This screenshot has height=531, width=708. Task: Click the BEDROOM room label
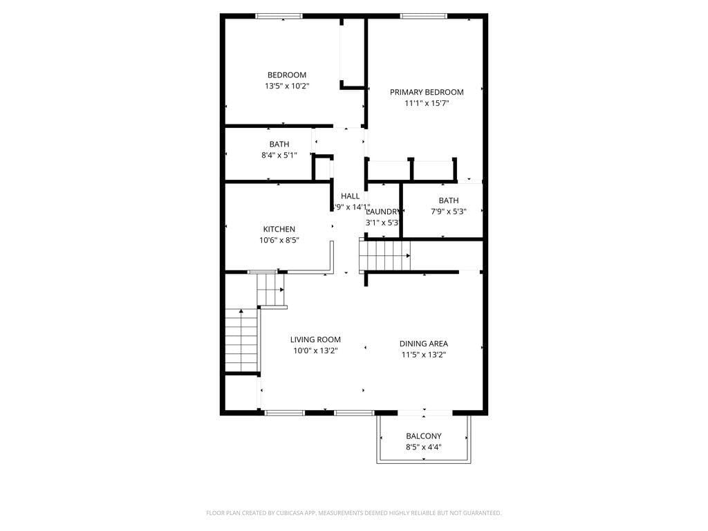click(x=287, y=75)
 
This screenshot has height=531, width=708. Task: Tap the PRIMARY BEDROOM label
click(x=427, y=92)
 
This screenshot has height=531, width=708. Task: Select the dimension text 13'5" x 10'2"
click(x=287, y=86)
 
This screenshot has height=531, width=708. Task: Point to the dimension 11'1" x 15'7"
click(x=427, y=103)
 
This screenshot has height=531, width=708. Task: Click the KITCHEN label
click(x=279, y=229)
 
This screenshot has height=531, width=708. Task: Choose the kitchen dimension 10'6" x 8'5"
click(x=279, y=241)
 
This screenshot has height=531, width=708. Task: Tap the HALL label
click(x=350, y=196)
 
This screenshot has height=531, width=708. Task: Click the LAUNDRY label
click(x=382, y=212)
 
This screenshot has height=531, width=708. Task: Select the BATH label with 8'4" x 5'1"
click(x=279, y=144)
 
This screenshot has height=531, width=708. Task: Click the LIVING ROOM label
click(x=315, y=339)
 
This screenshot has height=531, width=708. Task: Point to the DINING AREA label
click(x=424, y=344)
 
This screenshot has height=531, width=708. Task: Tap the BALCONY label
click(x=424, y=436)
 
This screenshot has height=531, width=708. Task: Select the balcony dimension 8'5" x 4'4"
click(x=424, y=447)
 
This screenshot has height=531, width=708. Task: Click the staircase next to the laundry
click(x=385, y=255)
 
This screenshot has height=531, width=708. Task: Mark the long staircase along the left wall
click(x=241, y=340)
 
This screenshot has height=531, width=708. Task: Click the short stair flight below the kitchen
click(x=271, y=290)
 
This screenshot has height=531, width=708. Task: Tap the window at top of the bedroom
click(x=279, y=16)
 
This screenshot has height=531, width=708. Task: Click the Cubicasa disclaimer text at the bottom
click(x=354, y=513)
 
